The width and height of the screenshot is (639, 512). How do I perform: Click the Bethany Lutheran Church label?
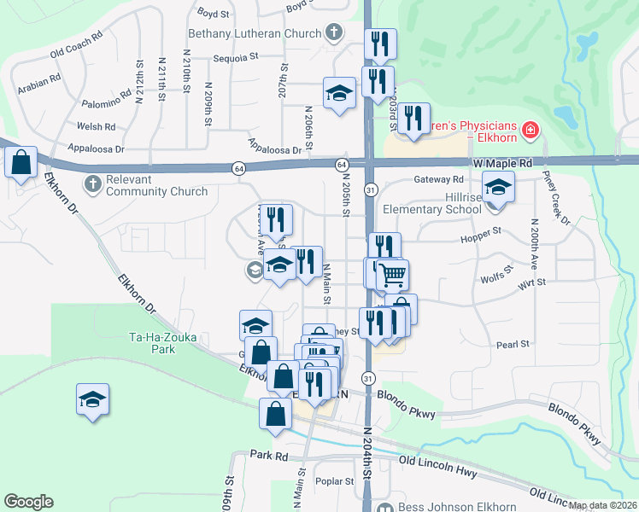(x=255, y=35)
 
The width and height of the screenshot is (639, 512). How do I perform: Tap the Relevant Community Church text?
(x=156, y=185)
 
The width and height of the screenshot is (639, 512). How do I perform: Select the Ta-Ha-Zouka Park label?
(x=163, y=343)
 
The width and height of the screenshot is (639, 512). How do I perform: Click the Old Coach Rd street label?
(x=76, y=44)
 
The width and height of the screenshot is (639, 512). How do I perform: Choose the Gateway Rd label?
(x=437, y=179)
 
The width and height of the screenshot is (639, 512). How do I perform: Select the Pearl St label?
(x=513, y=344)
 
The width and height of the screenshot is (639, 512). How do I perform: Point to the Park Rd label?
(x=269, y=457)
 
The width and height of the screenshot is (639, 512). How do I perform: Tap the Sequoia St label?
(x=237, y=58)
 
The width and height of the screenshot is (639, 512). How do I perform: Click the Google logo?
(x=28, y=502)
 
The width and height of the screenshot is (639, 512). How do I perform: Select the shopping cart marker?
(x=392, y=275)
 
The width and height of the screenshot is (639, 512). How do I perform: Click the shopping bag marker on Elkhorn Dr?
(x=21, y=160)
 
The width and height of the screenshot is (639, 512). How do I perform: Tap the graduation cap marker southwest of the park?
(x=93, y=399)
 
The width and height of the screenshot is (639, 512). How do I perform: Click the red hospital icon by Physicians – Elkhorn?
(x=531, y=130)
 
